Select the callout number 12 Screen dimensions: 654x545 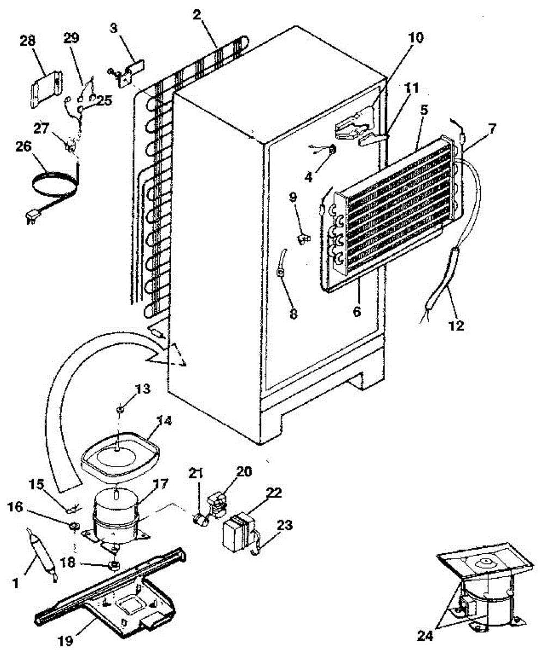pos(456,325)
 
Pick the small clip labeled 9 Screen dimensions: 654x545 pos(302,238)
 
